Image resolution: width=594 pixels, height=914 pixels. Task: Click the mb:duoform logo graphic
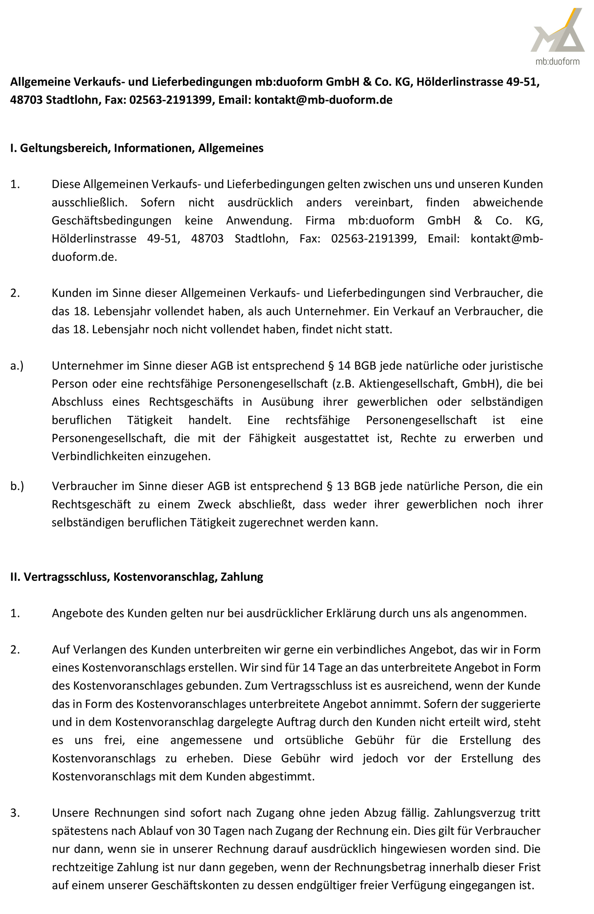coord(557,31)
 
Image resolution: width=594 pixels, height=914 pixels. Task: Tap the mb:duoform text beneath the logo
coord(557,62)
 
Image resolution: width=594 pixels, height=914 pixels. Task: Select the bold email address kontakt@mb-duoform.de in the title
coord(323,100)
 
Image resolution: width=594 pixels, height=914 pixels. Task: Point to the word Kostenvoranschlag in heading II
coord(164,577)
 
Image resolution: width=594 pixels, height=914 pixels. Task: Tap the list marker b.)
coord(17,486)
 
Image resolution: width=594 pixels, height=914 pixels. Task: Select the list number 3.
coord(15,813)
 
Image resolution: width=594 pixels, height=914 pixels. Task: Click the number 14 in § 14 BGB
coord(344,366)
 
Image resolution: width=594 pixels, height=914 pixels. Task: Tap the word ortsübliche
coord(314,740)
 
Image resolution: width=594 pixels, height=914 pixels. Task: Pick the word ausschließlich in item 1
coord(89,202)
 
